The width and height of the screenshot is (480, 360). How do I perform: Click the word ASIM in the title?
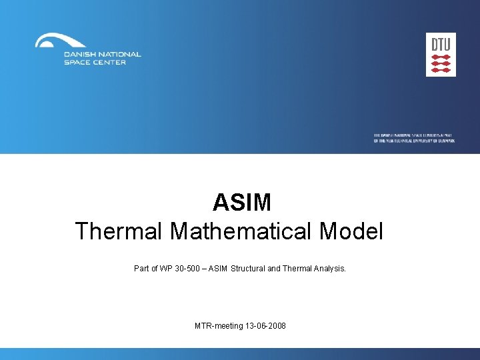[x=242, y=202]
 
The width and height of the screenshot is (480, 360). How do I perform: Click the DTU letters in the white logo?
[x=441, y=45]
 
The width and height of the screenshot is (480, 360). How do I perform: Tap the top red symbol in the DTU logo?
[x=441, y=57]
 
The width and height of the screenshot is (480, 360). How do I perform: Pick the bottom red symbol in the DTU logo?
[x=441, y=70]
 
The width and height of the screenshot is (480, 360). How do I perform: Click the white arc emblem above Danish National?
[x=61, y=41]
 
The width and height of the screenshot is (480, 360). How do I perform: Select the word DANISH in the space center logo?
[x=79, y=55]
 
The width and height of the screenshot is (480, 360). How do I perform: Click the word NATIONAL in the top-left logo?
[x=118, y=55]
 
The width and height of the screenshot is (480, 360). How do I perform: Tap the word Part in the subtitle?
[x=142, y=269]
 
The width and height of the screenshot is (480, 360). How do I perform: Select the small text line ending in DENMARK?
[x=414, y=141]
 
